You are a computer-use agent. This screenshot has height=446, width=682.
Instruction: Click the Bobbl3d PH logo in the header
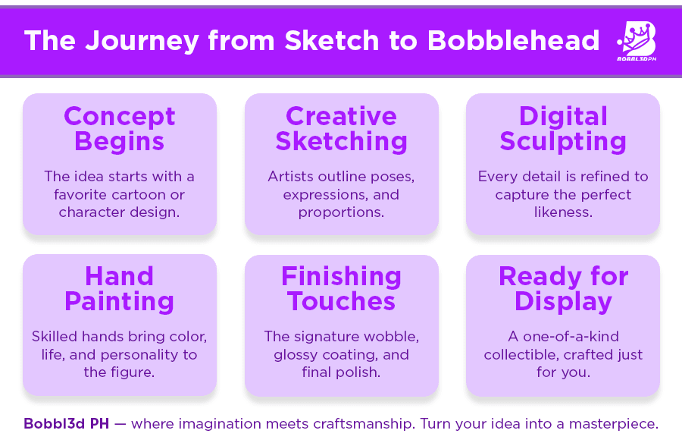[637, 42]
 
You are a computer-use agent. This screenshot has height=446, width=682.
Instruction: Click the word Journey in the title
[142, 42]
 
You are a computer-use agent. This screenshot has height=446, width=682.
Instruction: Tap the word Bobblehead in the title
[513, 40]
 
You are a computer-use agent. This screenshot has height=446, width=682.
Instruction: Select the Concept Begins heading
[120, 129]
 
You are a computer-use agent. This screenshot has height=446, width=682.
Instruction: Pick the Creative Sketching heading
[342, 129]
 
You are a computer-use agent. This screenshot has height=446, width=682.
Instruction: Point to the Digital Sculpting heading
[563, 129]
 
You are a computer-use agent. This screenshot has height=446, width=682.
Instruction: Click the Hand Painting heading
[120, 289]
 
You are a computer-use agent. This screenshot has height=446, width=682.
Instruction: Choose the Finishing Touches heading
[342, 289]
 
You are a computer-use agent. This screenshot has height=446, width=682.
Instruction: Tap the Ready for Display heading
[563, 289]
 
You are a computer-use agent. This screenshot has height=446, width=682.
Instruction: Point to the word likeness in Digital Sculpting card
[563, 212]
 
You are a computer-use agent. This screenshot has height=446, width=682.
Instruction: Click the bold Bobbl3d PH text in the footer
[67, 423]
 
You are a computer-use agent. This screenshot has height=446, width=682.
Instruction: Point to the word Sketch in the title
[332, 40]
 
